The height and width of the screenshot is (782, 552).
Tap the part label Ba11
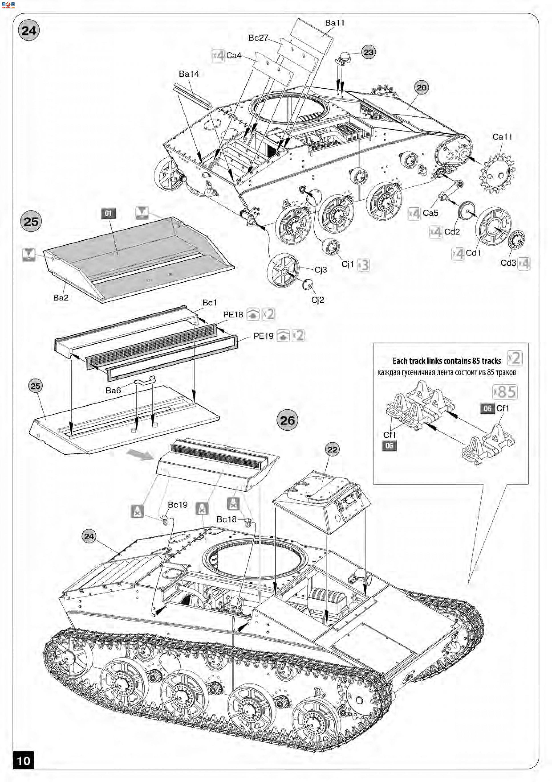click(x=335, y=23)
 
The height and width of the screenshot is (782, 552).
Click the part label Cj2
click(x=317, y=300)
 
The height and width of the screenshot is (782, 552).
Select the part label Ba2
click(x=61, y=297)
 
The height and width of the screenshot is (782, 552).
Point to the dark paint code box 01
click(x=108, y=214)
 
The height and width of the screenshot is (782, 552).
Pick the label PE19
click(x=263, y=336)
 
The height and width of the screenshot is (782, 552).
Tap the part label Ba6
click(x=113, y=390)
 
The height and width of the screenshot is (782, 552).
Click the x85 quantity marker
click(x=505, y=392)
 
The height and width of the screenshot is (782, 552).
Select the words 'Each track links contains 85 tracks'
click(x=446, y=361)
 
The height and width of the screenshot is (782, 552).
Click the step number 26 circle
click(x=287, y=420)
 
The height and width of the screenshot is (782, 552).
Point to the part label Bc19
click(x=178, y=505)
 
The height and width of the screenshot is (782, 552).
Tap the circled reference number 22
click(x=332, y=450)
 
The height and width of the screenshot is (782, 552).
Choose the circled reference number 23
click(x=368, y=52)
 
